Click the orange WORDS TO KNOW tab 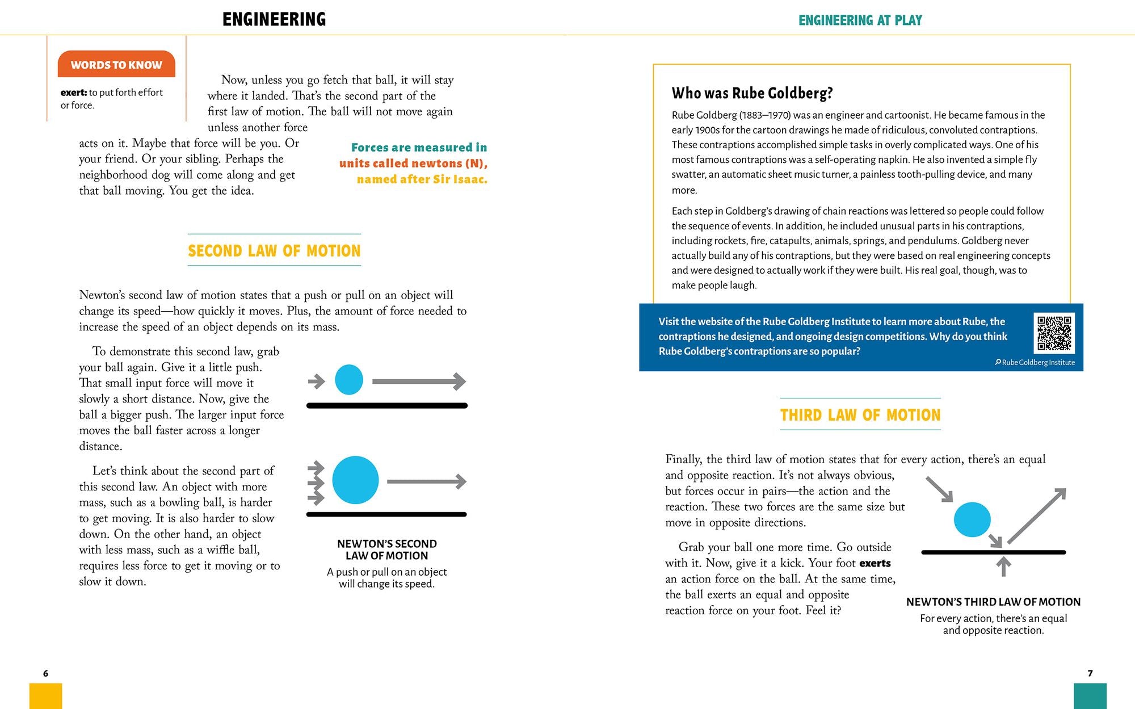(116, 65)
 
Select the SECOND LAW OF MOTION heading (274, 250)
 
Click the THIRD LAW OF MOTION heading (860, 415)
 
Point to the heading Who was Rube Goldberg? (752, 93)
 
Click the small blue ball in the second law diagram (349, 380)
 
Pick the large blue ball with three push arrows (355, 480)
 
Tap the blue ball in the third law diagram (972, 519)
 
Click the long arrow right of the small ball (419, 381)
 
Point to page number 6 (46, 673)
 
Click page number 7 (1090, 673)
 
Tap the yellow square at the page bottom (45, 696)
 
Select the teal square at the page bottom (1090, 696)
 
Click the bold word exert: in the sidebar (74, 93)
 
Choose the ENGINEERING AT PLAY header (860, 20)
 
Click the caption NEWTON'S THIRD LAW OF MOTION (993, 602)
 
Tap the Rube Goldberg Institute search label (1035, 362)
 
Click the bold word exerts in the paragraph (875, 563)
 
